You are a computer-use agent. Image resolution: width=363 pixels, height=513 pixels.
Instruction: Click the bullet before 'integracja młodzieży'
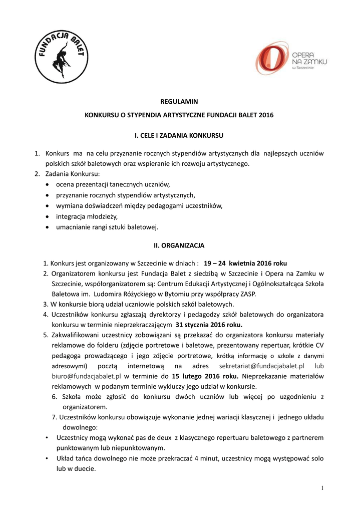coord(47,216)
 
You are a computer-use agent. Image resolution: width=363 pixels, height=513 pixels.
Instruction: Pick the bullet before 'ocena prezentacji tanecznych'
coord(47,184)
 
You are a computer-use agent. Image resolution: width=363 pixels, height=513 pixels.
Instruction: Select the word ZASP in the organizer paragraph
coord(247,294)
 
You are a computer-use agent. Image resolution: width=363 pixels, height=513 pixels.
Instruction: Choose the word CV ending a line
coord(318,347)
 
